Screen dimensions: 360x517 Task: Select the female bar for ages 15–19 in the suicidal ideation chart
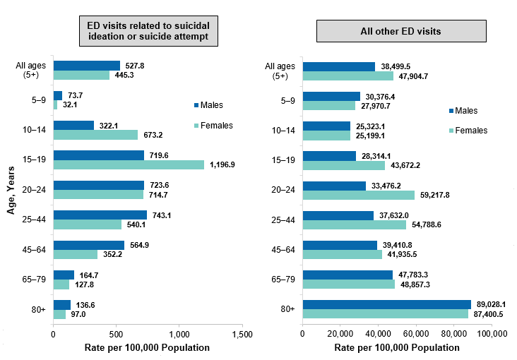[x=129, y=165]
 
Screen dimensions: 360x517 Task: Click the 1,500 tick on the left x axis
[x=242, y=334]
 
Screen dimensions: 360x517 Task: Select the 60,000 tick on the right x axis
[x=416, y=334]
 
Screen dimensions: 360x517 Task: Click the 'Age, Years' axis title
[x=12, y=186]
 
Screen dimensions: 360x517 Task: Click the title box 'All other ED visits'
[x=401, y=32]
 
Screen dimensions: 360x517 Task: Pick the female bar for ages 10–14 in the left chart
[x=95, y=135]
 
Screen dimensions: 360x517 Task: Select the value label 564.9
[x=139, y=245]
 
